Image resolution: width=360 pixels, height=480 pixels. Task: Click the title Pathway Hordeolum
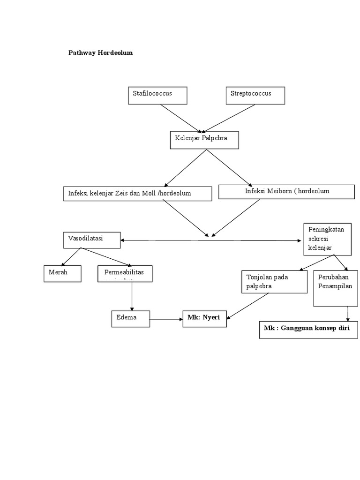[x=101, y=53]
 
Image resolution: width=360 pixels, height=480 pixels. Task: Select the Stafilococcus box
[x=157, y=95]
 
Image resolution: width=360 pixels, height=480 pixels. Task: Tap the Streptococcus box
[x=255, y=95]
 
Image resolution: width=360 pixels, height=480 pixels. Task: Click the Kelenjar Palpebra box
[x=204, y=140]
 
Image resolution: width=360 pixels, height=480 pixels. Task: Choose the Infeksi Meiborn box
[x=286, y=191]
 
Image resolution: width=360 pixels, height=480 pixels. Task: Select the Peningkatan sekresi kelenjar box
[x=327, y=239]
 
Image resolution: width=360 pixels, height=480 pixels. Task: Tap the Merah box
[x=62, y=273]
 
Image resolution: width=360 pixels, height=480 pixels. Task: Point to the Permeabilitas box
[x=125, y=273]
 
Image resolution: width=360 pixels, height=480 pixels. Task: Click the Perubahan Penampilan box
[x=335, y=288]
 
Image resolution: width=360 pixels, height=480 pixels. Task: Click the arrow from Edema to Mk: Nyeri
[x=166, y=320]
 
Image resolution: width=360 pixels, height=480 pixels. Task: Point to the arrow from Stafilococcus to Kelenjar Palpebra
[x=181, y=118]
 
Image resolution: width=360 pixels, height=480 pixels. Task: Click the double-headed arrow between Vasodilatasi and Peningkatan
[x=211, y=240]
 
